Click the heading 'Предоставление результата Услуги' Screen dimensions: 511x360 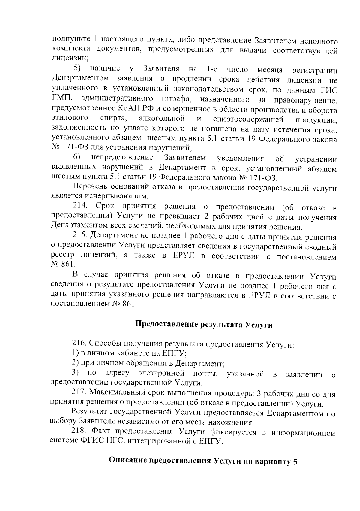pos(204,325)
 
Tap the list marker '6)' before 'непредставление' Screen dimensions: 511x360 pos(77,157)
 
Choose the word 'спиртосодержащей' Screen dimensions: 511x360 pos(248,119)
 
